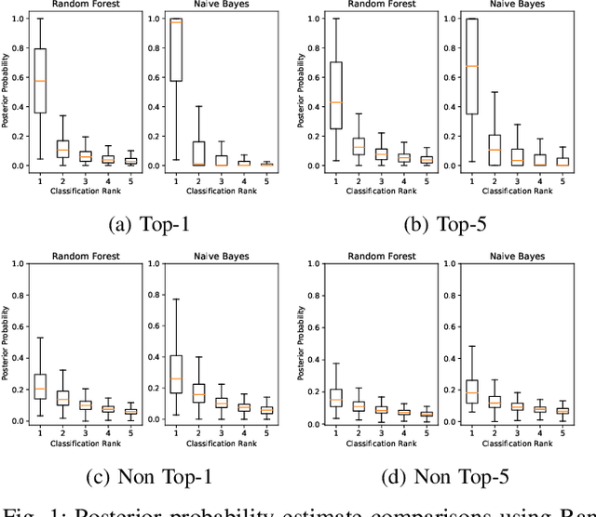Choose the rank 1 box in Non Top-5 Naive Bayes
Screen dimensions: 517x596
[x=471, y=391]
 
